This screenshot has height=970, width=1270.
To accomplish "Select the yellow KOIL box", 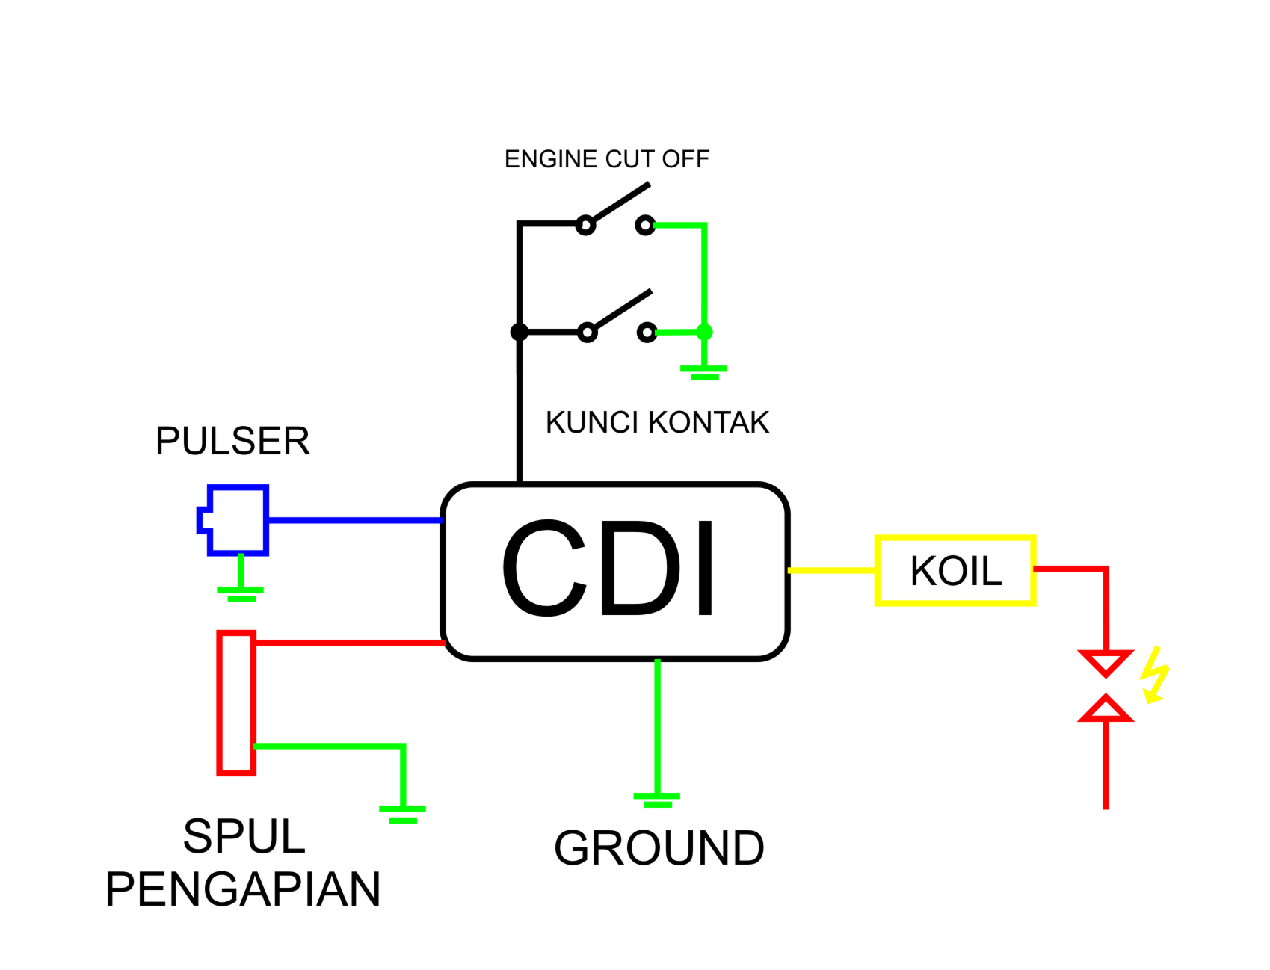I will (955, 571).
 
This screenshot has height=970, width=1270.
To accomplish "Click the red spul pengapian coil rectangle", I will (236, 702).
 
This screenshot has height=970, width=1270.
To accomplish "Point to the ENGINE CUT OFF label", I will (606, 159).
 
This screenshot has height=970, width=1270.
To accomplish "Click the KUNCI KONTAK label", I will (656, 423).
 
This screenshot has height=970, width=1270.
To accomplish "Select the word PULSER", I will (232, 441).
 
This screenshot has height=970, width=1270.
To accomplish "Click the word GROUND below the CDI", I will (659, 848).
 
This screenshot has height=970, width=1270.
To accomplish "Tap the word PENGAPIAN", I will (243, 889).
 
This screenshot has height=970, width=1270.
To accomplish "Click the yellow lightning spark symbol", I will (1154, 676).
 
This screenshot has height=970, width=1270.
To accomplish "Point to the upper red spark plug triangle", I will (1106, 662).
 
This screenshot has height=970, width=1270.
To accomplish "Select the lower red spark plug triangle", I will (1106, 709).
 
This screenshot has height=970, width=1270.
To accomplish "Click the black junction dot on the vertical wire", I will (519, 332).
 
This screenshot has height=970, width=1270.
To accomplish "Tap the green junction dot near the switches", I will (704, 332).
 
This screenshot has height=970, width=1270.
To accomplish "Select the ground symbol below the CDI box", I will (657, 799).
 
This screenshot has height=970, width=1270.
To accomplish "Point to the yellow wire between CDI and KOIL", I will (831, 570).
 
